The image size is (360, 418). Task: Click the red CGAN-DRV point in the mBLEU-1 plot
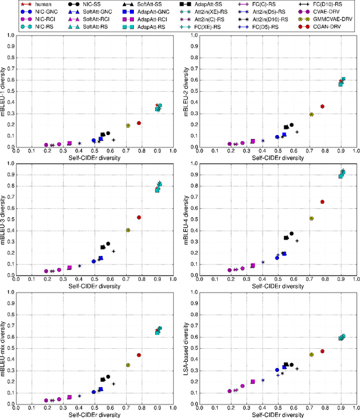(139, 123)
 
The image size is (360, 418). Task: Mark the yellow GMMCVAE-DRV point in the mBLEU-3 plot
(128, 230)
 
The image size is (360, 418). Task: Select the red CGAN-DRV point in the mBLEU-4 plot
(322, 202)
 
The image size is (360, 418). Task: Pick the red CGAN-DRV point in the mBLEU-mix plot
(139, 355)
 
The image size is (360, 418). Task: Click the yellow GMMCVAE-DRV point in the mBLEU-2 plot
(312, 114)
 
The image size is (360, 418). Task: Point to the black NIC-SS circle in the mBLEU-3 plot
(108, 244)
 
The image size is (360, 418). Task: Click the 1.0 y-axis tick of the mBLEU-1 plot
(12, 35)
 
